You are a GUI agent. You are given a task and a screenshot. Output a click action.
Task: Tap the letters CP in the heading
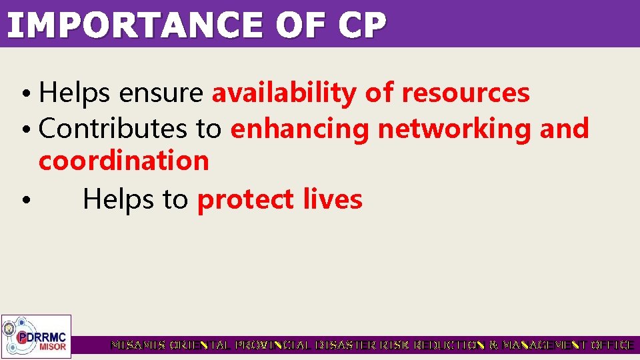click(x=361, y=25)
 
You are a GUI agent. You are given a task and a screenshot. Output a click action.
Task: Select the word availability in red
click(x=284, y=93)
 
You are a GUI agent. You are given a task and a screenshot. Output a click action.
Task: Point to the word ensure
click(x=160, y=93)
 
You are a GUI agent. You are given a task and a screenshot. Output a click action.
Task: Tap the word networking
click(x=454, y=128)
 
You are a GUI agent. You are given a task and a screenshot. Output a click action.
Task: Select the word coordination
click(x=124, y=161)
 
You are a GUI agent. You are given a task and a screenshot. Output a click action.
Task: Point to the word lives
click(x=332, y=199)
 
